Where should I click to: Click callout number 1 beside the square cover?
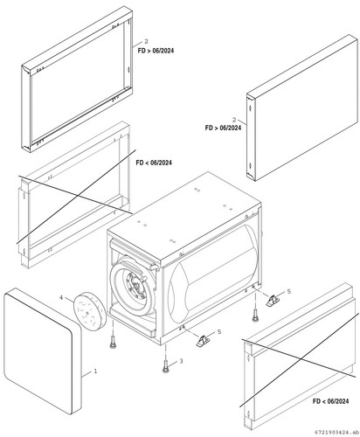tap(95, 371)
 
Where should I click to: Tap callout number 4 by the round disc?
tap(61, 297)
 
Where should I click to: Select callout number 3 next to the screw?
tap(181, 361)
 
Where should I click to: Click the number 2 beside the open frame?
tap(146, 42)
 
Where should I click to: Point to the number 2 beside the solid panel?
tap(234, 120)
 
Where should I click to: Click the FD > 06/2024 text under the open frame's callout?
tap(156, 51)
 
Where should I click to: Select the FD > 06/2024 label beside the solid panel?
tap(223, 128)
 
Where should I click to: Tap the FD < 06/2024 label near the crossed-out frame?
tap(154, 163)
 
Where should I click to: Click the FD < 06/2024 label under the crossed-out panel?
tap(330, 401)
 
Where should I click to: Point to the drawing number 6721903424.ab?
tap(336, 432)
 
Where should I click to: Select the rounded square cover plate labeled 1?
tap(43, 350)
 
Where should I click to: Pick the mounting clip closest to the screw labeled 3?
tap(203, 340)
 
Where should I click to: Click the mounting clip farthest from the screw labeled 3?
tap(273, 300)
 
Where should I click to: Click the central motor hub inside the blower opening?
tap(135, 285)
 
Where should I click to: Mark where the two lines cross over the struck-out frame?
tap(78, 196)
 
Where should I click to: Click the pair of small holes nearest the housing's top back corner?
tap(197, 190)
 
